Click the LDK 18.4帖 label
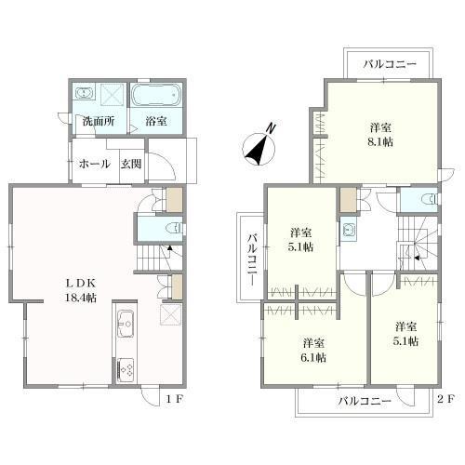pyautogui.click(x=81, y=290)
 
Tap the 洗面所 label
pyautogui.click(x=99, y=121)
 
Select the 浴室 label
pyautogui.click(x=156, y=121)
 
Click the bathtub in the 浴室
pyautogui.click(x=156, y=95)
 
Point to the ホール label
pyautogui.click(x=94, y=164)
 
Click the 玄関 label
pyautogui.click(x=131, y=164)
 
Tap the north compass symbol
pyautogui.click(x=259, y=147)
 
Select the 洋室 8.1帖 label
pyautogui.click(x=380, y=135)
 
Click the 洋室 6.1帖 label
pyautogui.click(x=313, y=351)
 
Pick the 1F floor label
pyautogui.click(x=175, y=399)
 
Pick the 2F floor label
pyautogui.click(x=445, y=399)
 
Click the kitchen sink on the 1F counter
pyautogui.click(x=126, y=325)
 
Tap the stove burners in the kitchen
pyautogui.click(x=126, y=368)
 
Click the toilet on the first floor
pyautogui.click(x=174, y=229)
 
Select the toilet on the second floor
pyautogui.click(x=432, y=198)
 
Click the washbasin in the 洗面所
pyautogui.click(x=84, y=94)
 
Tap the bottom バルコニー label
pyautogui.click(x=365, y=401)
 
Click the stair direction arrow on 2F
pyautogui.click(x=418, y=258)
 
